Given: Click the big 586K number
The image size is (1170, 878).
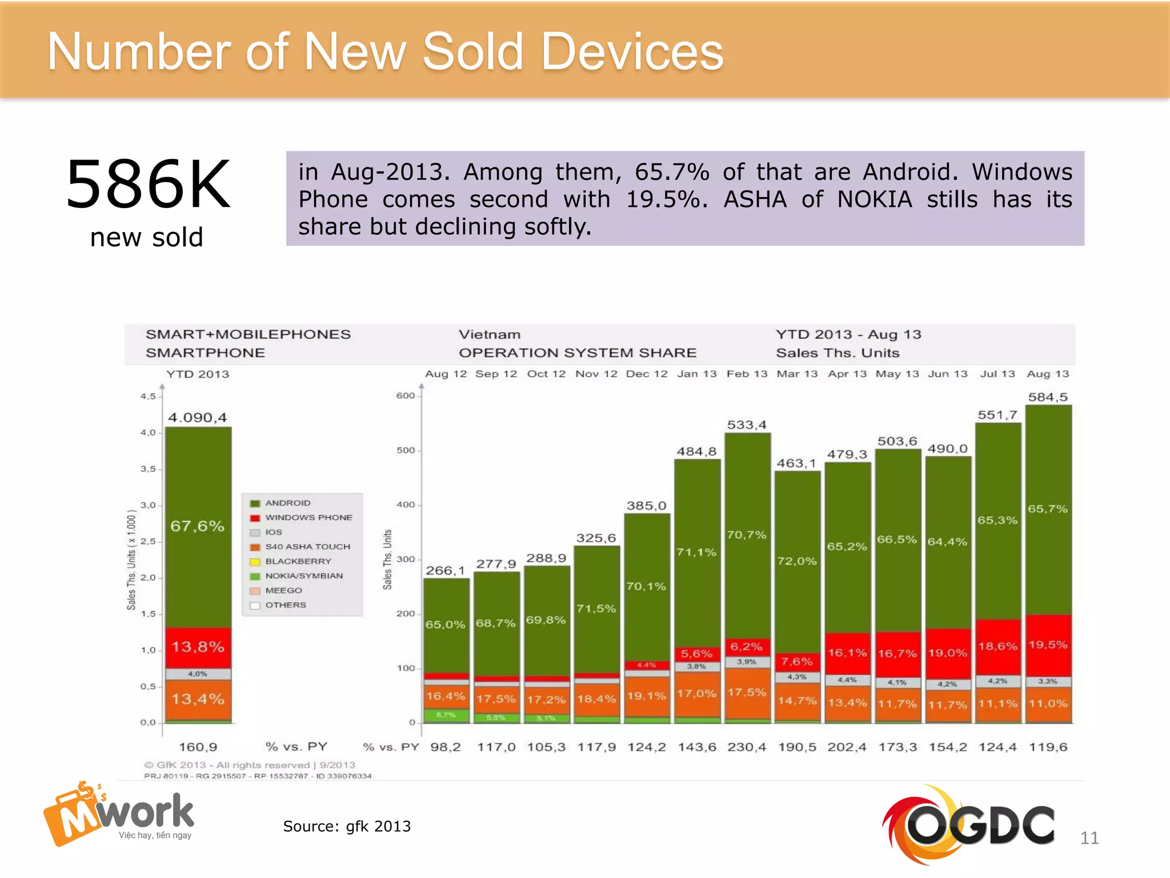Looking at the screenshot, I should (148, 185).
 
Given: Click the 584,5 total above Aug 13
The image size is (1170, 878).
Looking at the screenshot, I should (1048, 397).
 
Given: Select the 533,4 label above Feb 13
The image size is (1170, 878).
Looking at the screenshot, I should (747, 425).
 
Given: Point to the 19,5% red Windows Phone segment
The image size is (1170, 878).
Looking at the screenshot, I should (1048, 645).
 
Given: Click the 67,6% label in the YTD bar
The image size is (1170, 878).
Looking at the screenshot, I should (198, 526).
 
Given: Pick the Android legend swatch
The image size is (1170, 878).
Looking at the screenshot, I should (255, 503).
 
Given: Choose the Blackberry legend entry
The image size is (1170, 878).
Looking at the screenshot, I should (298, 561).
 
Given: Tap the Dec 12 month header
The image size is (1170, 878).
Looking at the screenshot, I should (647, 374).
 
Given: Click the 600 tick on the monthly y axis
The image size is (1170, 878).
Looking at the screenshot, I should (406, 396).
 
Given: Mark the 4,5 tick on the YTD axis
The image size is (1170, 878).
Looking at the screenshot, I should (148, 396).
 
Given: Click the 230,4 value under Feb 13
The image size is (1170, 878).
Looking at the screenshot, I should (747, 747).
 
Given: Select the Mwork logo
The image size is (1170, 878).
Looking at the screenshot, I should (119, 814).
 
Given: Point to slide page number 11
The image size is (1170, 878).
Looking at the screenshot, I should (1089, 838).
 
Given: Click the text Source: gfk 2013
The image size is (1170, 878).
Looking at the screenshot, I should (347, 826).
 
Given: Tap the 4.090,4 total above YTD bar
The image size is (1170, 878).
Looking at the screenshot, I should (198, 417).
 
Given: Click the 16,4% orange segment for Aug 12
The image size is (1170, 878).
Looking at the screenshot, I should (446, 696).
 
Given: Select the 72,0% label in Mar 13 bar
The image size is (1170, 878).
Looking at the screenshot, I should (797, 561).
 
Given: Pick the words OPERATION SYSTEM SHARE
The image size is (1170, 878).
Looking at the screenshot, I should (578, 353).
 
